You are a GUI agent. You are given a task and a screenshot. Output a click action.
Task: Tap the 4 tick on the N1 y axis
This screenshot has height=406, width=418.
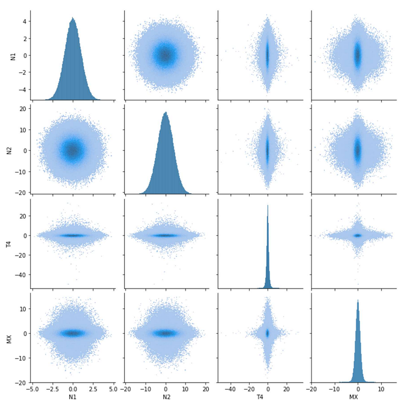coord(25,21)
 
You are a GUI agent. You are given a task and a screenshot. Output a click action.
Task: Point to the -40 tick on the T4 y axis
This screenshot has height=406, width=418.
coord(21,275)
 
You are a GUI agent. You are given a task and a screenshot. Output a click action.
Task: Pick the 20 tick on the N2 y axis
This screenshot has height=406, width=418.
coord(23,109)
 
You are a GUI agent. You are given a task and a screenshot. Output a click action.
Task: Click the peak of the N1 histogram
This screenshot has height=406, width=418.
coord(72,18)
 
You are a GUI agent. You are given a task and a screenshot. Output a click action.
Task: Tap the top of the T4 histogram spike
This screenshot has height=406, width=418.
coord(268,206)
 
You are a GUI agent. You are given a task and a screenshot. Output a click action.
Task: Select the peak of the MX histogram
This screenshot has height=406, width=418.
coord(358,301)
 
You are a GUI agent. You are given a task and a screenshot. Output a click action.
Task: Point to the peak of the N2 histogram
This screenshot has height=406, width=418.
coord(166,112)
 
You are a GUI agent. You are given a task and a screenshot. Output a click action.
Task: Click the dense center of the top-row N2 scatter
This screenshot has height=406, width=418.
coord(166,55)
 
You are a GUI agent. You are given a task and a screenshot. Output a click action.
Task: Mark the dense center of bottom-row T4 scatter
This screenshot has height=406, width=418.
coord(268,333)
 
